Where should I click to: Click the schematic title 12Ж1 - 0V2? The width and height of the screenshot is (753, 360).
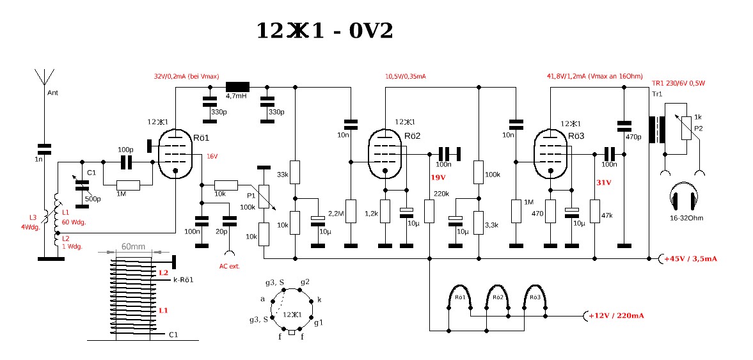click(x=324, y=31)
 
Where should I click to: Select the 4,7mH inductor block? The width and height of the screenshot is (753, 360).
click(x=237, y=86)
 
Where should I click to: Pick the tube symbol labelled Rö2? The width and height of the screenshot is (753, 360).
click(x=386, y=153)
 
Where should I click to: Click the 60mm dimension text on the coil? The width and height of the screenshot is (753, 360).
click(x=132, y=246)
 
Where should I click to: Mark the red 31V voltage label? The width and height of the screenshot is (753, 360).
click(x=603, y=182)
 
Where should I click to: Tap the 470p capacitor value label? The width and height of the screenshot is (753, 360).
click(x=633, y=137)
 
